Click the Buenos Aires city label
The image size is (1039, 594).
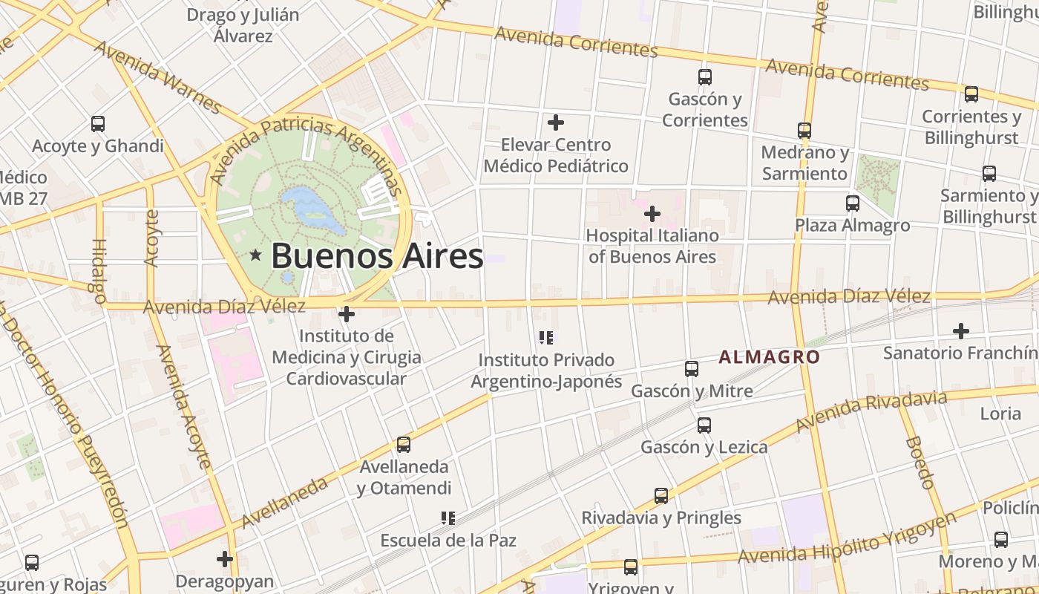pos(377,256)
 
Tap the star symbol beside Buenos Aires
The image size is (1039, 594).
pos(256,255)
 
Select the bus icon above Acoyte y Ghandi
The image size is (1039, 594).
pos(97,124)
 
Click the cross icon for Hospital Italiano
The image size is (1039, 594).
pos(652,214)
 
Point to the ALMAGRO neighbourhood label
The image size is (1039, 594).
pos(769,357)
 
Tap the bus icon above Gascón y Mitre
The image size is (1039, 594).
pos(692,368)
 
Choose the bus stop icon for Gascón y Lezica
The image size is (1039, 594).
pos(704,425)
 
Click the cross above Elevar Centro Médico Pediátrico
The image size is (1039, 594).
pos(555,123)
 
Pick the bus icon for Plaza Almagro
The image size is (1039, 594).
pos(852,203)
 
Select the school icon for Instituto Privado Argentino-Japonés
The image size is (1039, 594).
pos(547,339)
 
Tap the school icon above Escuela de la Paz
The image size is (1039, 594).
pos(448,518)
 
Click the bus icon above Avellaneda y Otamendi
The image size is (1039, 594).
pos(403,445)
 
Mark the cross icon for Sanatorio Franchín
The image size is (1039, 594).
pos(961,330)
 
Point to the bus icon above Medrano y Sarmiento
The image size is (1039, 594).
pos(804,131)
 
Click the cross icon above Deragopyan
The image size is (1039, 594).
pos(225,558)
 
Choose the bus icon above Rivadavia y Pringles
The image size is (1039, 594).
pos(661,496)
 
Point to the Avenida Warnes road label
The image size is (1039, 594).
pos(158,77)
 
